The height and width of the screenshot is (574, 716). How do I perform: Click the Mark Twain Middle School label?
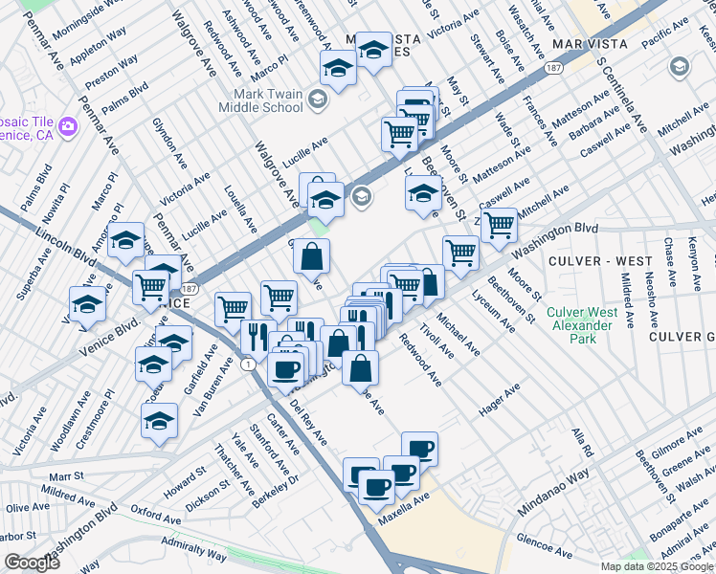click(x=269, y=100)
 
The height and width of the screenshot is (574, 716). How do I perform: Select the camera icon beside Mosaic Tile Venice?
click(x=67, y=125)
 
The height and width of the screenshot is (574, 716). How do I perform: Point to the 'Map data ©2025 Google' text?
click(x=657, y=566)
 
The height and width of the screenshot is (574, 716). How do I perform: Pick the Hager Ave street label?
click(x=499, y=400)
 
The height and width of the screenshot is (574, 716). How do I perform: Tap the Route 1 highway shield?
click(x=249, y=364)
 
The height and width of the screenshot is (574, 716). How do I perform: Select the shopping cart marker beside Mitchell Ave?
click(x=499, y=226)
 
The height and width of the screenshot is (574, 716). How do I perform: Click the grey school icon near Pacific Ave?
click(x=679, y=67)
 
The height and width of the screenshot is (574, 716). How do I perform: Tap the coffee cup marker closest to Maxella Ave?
click(x=376, y=487)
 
